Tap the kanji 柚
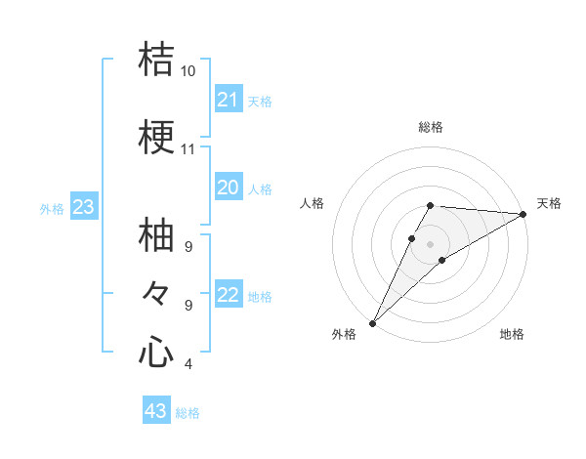pyautogui.click(x=156, y=237)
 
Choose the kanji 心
pyautogui.click(x=156, y=351)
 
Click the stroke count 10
pyautogui.click(x=188, y=71)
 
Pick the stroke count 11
pyautogui.click(x=188, y=149)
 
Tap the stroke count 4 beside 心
pyautogui.click(x=188, y=364)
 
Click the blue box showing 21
pyautogui.click(x=229, y=99)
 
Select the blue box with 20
pyautogui.click(x=229, y=188)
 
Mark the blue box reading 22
pyautogui.click(x=229, y=295)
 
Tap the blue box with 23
pyautogui.click(x=84, y=206)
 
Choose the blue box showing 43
pyautogui.click(x=156, y=411)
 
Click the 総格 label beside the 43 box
pyautogui.click(x=188, y=413)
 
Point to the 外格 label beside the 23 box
pyautogui.click(x=52, y=208)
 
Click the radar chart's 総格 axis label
pyautogui.click(x=431, y=127)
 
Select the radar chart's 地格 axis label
pyautogui.click(x=512, y=334)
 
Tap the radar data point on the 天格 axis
pyautogui.click(x=523, y=214)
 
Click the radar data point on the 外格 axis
pyautogui.click(x=372, y=322)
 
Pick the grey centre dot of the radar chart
pyautogui.click(x=431, y=243)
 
